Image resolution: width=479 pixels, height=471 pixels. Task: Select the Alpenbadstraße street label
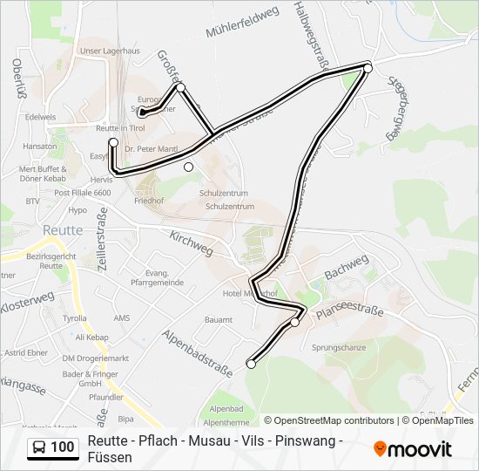pos(198,351)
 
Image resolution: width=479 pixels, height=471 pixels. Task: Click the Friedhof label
pos(151,200)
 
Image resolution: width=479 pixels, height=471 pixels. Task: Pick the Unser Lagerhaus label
pos(109,51)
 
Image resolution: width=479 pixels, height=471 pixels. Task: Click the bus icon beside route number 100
pos(39,447)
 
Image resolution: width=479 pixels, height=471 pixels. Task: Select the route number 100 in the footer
pos(62,447)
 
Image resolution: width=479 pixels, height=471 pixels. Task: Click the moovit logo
pos(413,449)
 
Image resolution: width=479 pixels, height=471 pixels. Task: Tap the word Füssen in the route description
pos(111,457)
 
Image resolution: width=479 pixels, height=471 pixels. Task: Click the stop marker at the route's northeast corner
pos(368,67)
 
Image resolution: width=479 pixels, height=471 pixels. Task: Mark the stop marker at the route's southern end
pos(252,365)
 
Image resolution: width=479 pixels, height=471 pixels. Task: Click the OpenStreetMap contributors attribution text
pos(334,420)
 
